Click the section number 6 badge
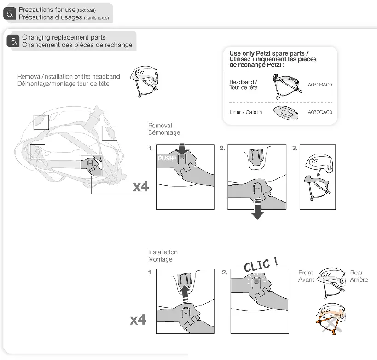13,41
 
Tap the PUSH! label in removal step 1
167,158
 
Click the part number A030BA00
319,85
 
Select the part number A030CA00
319,112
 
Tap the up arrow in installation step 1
184,293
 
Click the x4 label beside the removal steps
141,187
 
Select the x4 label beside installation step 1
138,319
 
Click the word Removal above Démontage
160,125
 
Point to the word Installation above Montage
162,252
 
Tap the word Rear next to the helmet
356,273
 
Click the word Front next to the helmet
305,273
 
